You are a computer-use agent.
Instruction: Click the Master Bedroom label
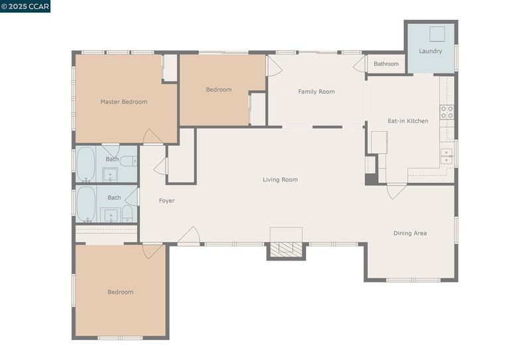point(124,102)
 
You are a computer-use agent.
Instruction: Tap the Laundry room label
point(430,51)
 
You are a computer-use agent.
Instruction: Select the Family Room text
point(317,91)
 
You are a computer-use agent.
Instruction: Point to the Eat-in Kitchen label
point(407,121)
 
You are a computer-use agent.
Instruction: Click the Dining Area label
point(410,233)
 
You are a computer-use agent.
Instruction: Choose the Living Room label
point(280,180)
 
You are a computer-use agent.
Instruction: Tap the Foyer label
point(167,201)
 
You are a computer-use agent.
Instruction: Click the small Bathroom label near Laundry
point(386,64)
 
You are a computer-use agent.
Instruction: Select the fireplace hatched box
point(286,250)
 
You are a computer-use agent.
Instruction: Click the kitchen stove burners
point(447,112)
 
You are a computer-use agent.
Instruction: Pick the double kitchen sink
point(447,156)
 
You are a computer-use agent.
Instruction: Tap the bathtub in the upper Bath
point(85,164)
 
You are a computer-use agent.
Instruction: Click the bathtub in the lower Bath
point(86,204)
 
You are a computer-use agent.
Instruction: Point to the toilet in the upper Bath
point(129,161)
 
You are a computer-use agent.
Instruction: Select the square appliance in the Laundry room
point(437,34)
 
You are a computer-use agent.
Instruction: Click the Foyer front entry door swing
point(189,235)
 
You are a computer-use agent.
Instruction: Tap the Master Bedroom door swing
point(153,137)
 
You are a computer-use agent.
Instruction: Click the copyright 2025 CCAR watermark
point(25,7)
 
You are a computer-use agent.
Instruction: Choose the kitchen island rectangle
point(379,143)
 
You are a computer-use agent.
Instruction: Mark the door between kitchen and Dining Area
point(396,192)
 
